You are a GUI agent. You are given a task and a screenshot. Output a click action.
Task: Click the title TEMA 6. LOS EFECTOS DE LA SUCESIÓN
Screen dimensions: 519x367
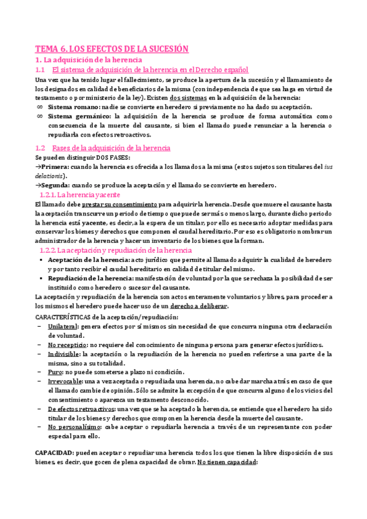tap(112, 49)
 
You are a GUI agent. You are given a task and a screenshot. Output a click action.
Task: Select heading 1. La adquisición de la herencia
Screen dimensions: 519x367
tap(89, 60)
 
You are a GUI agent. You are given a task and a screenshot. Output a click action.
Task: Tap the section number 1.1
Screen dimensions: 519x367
tap(40, 70)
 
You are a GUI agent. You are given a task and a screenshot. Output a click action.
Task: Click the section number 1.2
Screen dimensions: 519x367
tap(40, 148)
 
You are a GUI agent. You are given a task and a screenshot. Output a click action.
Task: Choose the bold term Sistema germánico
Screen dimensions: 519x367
tap(79, 116)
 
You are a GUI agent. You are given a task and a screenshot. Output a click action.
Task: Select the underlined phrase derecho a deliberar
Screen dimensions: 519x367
tap(200, 306)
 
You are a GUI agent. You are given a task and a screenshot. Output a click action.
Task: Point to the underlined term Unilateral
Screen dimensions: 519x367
tap(64, 326)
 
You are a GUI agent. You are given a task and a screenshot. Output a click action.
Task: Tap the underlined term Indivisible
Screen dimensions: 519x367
tap(64, 354)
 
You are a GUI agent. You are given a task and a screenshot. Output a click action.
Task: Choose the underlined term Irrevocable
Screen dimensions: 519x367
tap(67, 381)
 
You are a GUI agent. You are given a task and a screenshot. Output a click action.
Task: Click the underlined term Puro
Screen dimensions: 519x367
tap(55, 372)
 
